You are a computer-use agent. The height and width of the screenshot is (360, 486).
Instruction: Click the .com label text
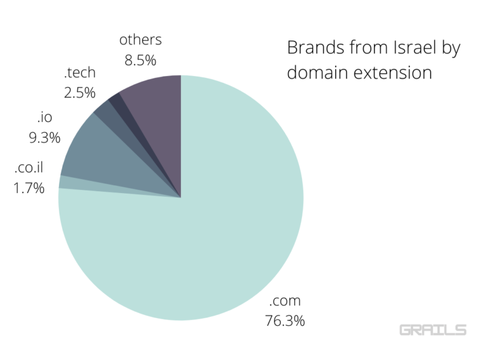285,301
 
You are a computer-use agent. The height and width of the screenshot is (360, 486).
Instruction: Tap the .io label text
44,117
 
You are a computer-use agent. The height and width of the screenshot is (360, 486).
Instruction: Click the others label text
140,40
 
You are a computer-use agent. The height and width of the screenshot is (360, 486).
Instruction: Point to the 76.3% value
285,321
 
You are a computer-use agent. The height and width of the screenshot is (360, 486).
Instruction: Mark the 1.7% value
29,188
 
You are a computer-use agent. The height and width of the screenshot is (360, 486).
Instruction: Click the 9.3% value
44,137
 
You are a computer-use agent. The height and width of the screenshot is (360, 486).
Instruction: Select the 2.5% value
80,92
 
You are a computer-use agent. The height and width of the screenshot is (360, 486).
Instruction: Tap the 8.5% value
140,60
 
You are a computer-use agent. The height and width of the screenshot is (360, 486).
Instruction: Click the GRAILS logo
433,330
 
